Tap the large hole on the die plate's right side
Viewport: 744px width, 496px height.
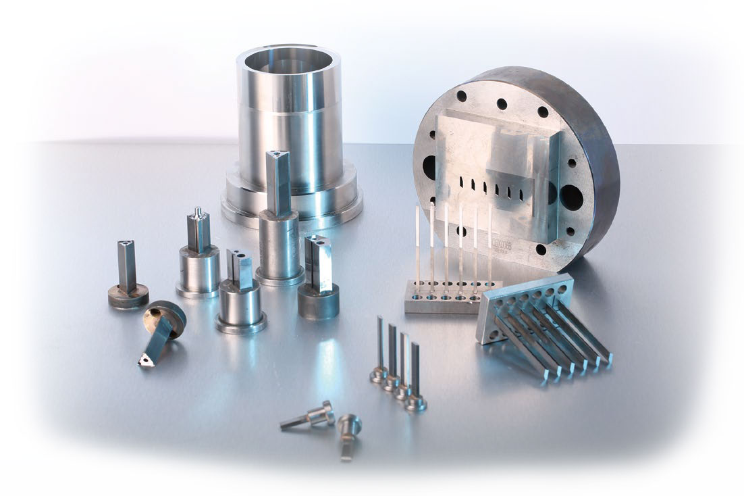(570, 198)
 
